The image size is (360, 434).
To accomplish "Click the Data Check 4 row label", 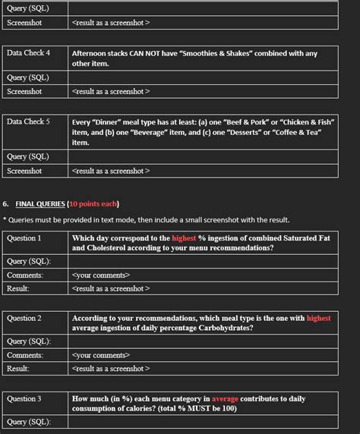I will click(29, 53).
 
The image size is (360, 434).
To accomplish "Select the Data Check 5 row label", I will click(29, 121).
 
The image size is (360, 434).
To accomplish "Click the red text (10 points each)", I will click(93, 204).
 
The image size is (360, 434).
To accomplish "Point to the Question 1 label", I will click(24, 238).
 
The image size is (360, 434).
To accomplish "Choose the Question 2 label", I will click(24, 319).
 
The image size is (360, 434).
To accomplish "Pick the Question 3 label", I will click(24, 398).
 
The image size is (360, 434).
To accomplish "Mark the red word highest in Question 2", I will click(318, 319).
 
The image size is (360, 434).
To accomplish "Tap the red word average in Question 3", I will click(225, 398).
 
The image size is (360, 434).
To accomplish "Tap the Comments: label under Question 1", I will click(25, 275).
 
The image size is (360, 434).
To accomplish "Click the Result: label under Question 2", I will click(18, 369).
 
